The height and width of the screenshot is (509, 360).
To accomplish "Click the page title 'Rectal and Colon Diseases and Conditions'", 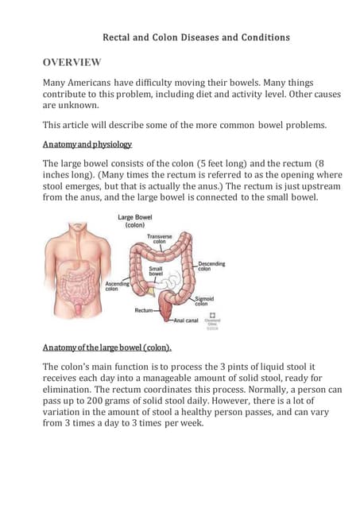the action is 196,37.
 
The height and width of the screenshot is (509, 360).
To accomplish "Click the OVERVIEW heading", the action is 72,62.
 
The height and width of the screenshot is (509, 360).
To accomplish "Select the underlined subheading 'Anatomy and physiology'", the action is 87,144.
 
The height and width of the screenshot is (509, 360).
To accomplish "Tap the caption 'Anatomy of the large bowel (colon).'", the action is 106,347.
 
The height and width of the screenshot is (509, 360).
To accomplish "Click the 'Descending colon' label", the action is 211,266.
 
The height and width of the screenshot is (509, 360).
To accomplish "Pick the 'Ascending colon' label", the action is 117,285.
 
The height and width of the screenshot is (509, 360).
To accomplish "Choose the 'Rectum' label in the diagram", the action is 144,310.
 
